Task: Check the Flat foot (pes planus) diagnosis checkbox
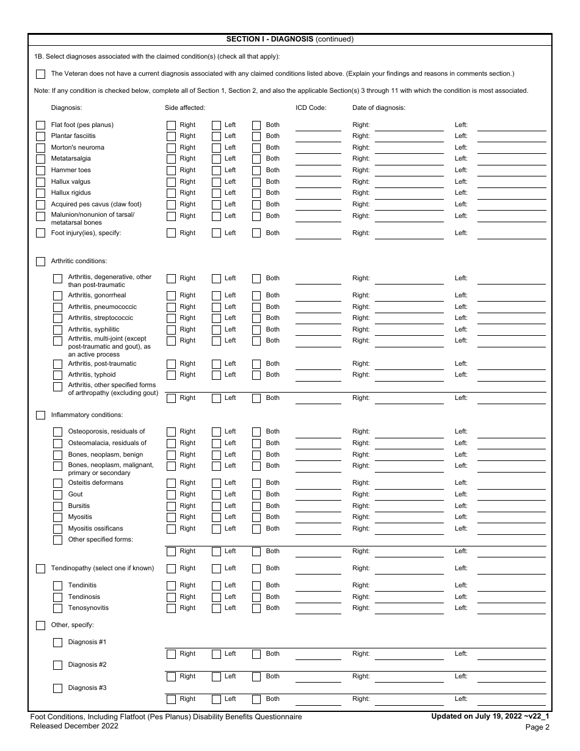tap(40, 125)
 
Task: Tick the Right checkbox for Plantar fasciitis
tap(172, 136)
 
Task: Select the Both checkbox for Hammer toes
tap(256, 170)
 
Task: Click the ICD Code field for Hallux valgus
tap(318, 182)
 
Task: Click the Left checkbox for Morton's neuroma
tap(216, 148)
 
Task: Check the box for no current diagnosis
tap(40, 74)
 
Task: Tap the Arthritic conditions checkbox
tap(40, 261)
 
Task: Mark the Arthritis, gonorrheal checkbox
tap(57, 296)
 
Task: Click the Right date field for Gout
tap(409, 495)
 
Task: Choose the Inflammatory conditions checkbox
tap(40, 415)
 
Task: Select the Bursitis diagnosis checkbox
tap(57, 506)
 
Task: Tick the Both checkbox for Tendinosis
tap(256, 597)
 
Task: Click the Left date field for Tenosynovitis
tap(511, 608)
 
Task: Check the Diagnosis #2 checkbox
tap(57, 665)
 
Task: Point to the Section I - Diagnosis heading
tap(289, 39)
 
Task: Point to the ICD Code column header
tap(311, 108)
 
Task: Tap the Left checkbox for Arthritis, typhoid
tap(216, 375)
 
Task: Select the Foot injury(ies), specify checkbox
tap(40, 233)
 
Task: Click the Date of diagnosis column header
tap(379, 108)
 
